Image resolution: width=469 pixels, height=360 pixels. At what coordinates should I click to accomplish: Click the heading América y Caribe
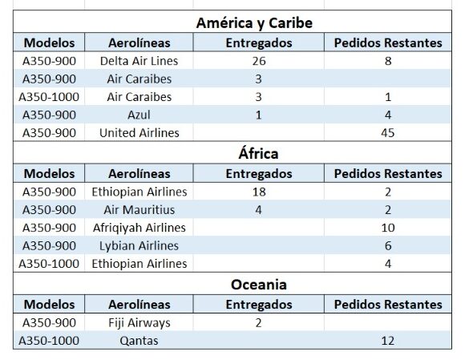(x=254, y=23)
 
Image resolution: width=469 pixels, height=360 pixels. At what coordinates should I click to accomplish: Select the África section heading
(x=258, y=153)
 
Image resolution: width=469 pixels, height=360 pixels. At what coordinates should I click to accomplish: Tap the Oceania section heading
(x=259, y=285)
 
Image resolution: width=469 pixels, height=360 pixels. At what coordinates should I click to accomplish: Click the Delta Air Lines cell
(x=139, y=61)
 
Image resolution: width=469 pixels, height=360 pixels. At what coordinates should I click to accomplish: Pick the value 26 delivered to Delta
(x=259, y=61)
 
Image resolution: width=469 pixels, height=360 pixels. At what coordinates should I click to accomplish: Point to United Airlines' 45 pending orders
(x=388, y=133)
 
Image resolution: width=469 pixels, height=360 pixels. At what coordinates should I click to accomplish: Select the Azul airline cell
(x=139, y=115)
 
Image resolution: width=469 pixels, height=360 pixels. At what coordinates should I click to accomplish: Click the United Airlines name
(x=139, y=133)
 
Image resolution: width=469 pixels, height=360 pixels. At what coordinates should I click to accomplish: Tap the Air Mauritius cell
(x=139, y=210)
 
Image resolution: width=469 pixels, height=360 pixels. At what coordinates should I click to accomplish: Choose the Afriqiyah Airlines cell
(x=139, y=228)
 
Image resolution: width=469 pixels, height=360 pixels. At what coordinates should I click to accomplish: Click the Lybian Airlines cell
(x=139, y=245)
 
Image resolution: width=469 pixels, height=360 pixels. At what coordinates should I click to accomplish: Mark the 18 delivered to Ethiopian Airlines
(x=259, y=192)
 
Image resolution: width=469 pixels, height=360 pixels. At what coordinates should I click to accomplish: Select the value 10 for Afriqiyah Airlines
(x=388, y=228)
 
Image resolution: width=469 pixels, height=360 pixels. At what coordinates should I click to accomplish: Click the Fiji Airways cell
(x=139, y=323)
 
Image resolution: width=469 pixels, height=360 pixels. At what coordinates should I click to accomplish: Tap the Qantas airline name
(x=139, y=341)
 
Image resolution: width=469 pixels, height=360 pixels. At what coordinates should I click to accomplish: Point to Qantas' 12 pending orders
(x=388, y=341)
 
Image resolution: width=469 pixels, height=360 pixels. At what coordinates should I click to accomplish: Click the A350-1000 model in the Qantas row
(x=49, y=341)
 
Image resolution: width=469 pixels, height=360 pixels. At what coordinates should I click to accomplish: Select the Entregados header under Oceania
(x=259, y=305)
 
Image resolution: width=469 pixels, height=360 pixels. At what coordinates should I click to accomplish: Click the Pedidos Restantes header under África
(x=388, y=174)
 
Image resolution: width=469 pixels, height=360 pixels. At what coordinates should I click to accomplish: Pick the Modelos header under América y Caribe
(x=49, y=42)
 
